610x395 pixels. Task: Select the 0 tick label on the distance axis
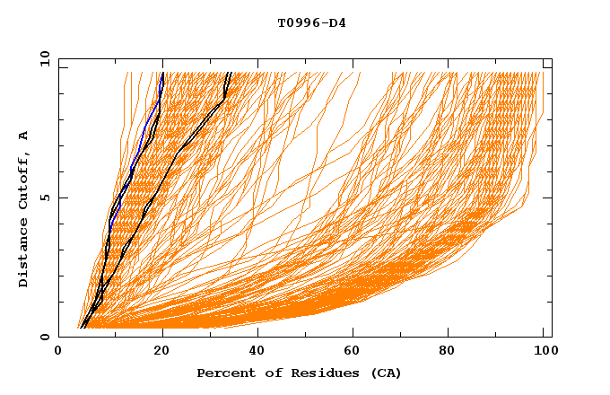[44, 337]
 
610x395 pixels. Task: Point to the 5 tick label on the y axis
[44, 197]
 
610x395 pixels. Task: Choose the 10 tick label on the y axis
[41, 58]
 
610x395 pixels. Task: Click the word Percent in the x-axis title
[223, 373]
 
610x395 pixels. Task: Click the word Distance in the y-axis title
[23, 257]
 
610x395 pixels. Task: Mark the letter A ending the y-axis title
[23, 135]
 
